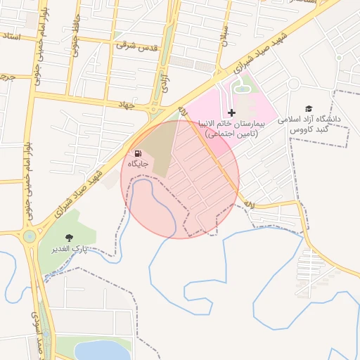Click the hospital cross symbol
[231, 112]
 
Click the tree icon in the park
[68, 238]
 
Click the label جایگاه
[139, 164]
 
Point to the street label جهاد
[126, 103]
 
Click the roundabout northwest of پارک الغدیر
[29, 236]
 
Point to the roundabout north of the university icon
[293, 84]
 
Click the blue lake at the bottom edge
[103, 351]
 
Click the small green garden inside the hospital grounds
[242, 86]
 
